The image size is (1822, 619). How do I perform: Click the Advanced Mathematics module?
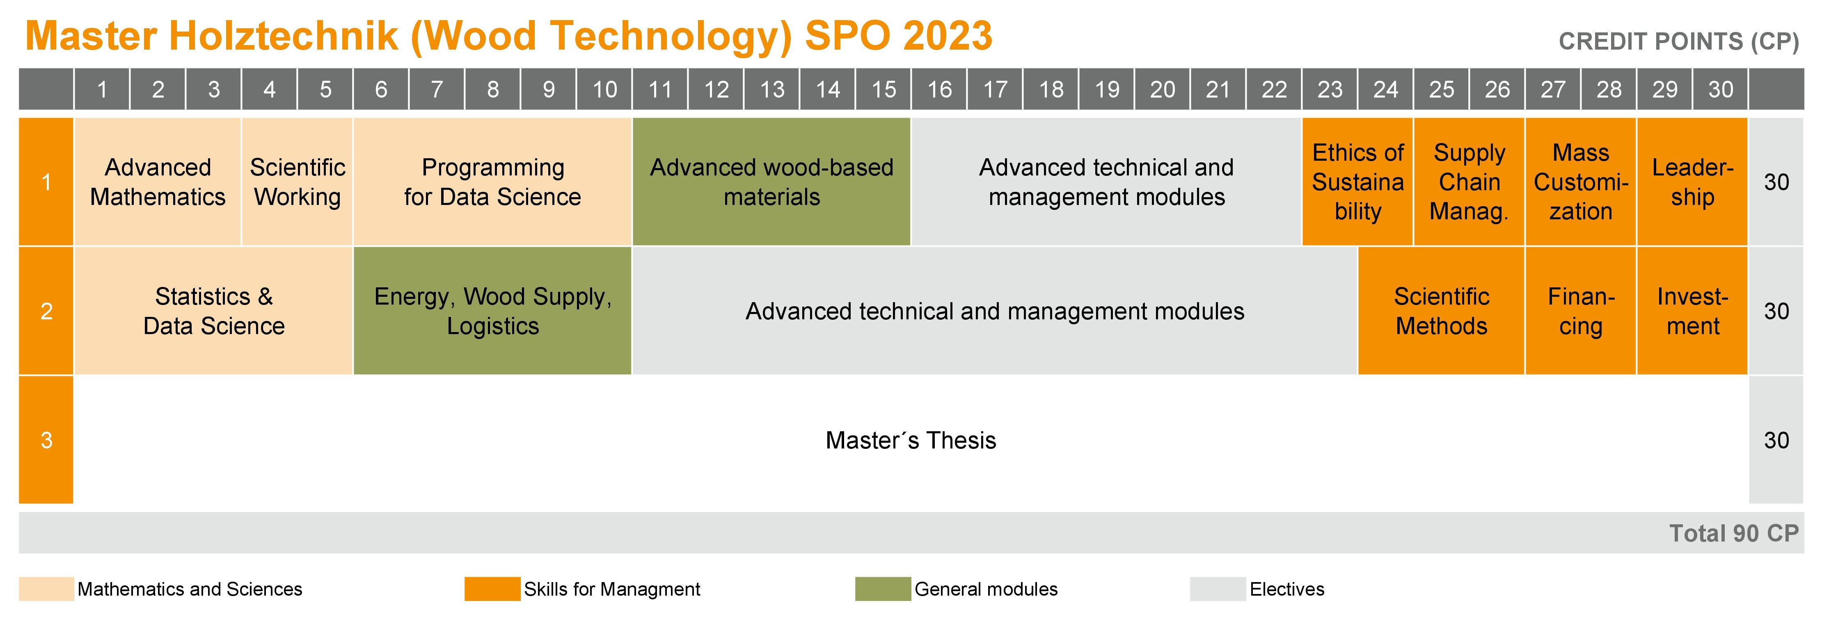158,182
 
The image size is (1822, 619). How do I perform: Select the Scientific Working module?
297,182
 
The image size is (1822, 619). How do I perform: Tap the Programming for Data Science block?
492,182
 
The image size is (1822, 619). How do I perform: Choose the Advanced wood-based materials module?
771,182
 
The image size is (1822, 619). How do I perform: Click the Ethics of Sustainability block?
1357,182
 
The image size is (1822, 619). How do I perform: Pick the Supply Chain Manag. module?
1469,182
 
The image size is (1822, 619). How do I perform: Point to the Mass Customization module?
1581,182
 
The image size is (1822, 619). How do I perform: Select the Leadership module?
1693,182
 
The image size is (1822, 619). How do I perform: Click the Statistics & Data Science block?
214,311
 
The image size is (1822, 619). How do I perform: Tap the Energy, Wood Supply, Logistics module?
492,311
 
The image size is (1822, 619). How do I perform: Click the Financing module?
1581,311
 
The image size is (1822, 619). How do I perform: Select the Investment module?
1693,311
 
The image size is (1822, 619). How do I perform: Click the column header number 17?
995,89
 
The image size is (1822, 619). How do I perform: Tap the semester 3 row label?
46,439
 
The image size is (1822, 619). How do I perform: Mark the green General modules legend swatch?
883,589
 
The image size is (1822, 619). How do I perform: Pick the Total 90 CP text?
1734,533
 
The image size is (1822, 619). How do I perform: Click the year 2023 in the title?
948,35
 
